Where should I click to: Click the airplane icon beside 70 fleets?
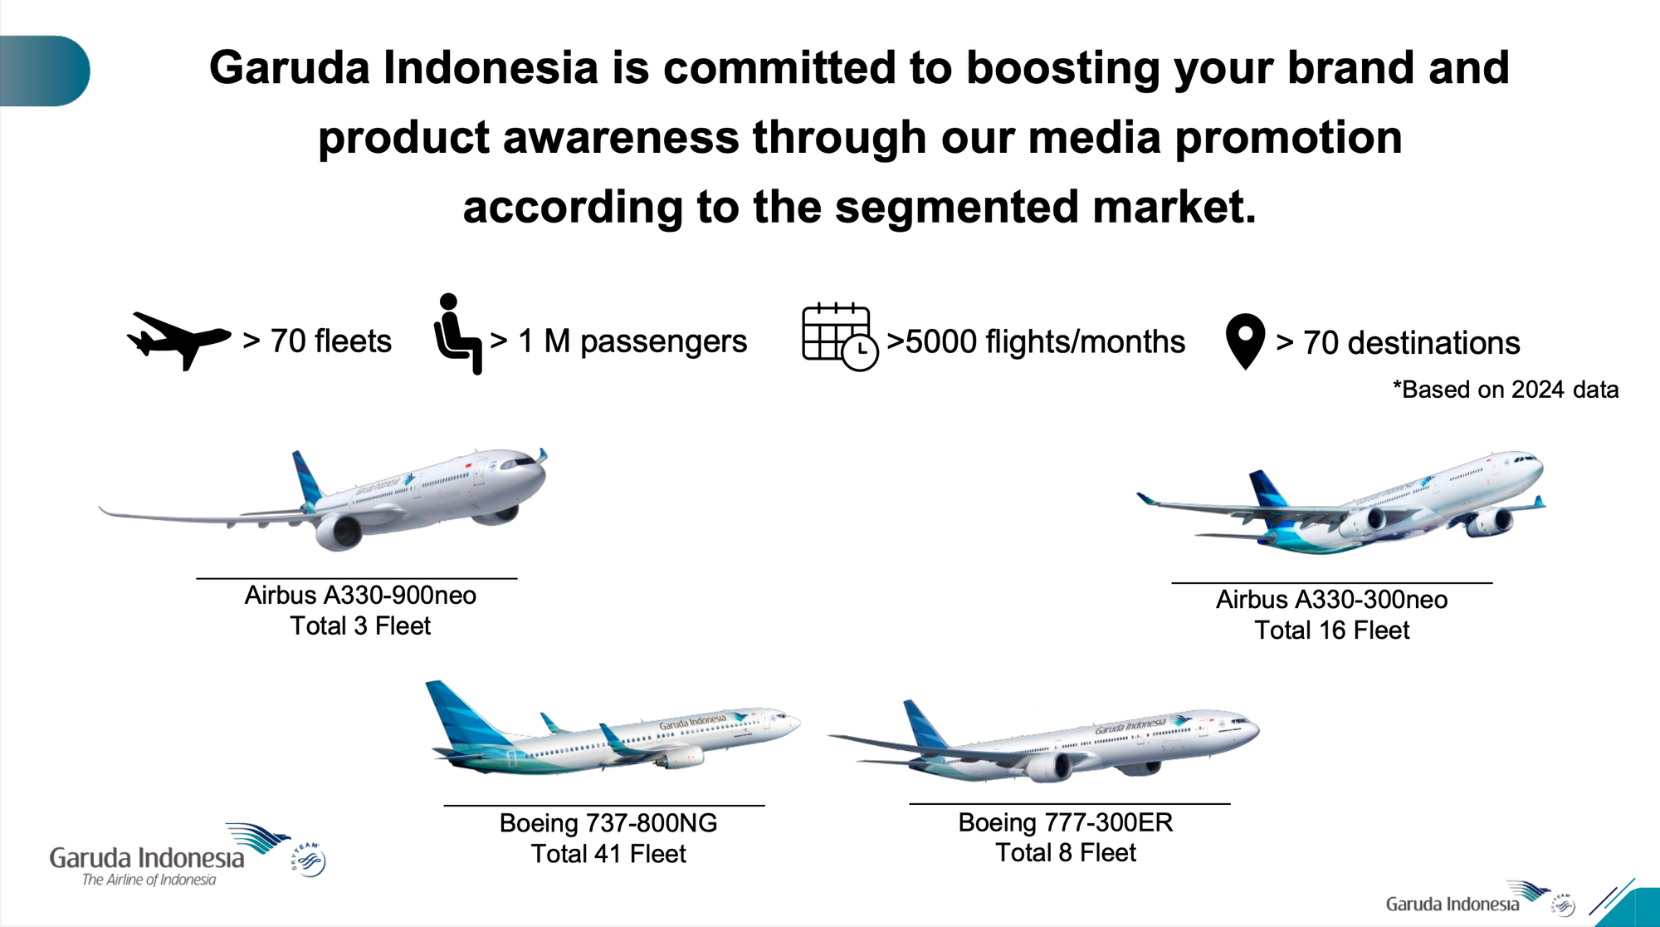(x=178, y=340)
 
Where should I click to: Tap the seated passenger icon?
(x=457, y=334)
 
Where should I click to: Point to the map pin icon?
(x=1245, y=341)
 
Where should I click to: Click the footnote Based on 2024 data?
(x=1506, y=390)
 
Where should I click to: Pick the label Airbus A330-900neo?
(x=360, y=596)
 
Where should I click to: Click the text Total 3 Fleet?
(x=360, y=626)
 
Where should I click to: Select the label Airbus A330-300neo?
(x=1332, y=600)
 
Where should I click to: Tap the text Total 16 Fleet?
(x=1332, y=630)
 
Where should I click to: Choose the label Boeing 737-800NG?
(x=608, y=823)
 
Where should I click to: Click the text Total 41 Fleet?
(x=608, y=854)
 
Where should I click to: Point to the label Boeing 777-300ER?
(x=1066, y=822)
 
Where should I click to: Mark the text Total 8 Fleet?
(x=1066, y=853)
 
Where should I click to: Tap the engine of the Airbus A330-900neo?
(x=339, y=532)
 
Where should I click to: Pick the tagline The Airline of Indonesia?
(x=149, y=880)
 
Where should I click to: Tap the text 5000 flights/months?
(x=1044, y=342)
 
